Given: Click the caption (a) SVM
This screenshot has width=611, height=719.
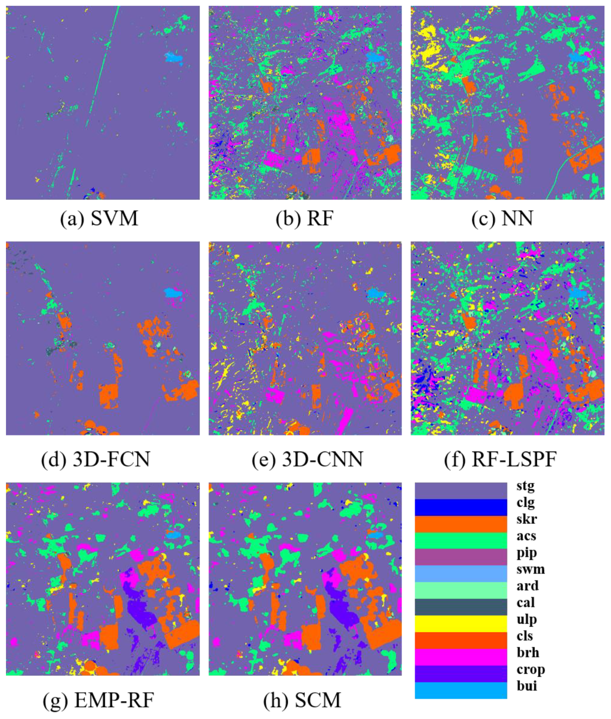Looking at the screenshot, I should pos(99,218).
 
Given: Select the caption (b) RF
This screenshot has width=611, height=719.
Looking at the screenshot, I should pos(305,218).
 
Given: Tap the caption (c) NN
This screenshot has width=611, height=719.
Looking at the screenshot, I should pos(502,218).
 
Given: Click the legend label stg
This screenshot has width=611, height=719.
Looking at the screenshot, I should pos(525,486).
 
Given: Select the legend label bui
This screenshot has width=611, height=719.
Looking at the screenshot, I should pos(527,686).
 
